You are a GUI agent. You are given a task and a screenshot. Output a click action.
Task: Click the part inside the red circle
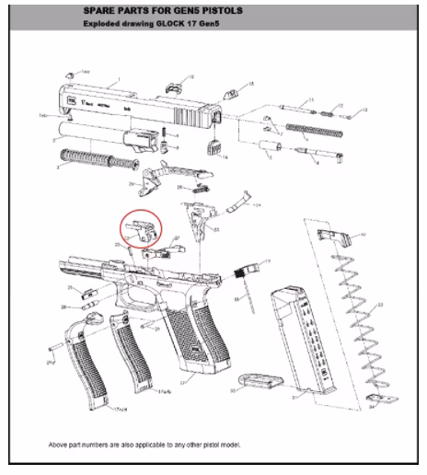[139, 230]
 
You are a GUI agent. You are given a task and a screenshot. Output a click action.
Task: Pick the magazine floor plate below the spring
[373, 398]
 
